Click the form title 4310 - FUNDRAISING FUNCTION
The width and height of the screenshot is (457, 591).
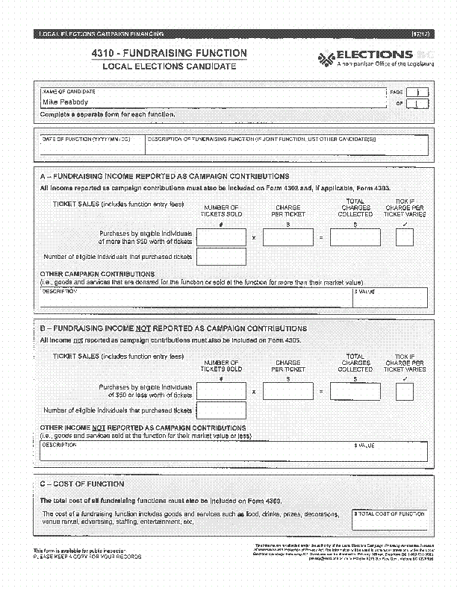(x=169, y=54)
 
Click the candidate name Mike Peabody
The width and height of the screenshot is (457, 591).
(x=65, y=102)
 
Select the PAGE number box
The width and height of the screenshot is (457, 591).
(x=417, y=93)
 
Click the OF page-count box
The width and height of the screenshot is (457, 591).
(x=417, y=104)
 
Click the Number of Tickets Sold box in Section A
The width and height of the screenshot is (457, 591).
(x=220, y=237)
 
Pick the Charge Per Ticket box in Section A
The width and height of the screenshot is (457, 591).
(x=288, y=237)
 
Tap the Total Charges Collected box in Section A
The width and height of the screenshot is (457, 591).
(x=355, y=237)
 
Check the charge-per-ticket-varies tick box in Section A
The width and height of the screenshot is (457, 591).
(x=405, y=237)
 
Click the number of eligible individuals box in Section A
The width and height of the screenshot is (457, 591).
(x=220, y=257)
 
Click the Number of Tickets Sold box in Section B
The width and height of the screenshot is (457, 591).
(x=220, y=391)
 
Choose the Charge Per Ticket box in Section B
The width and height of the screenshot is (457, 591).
(x=288, y=391)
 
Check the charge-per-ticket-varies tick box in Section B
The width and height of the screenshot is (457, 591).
(x=405, y=391)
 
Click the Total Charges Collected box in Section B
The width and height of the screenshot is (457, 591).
(x=355, y=391)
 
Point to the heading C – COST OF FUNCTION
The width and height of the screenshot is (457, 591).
(x=77, y=484)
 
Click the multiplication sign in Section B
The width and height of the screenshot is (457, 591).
(x=254, y=392)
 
